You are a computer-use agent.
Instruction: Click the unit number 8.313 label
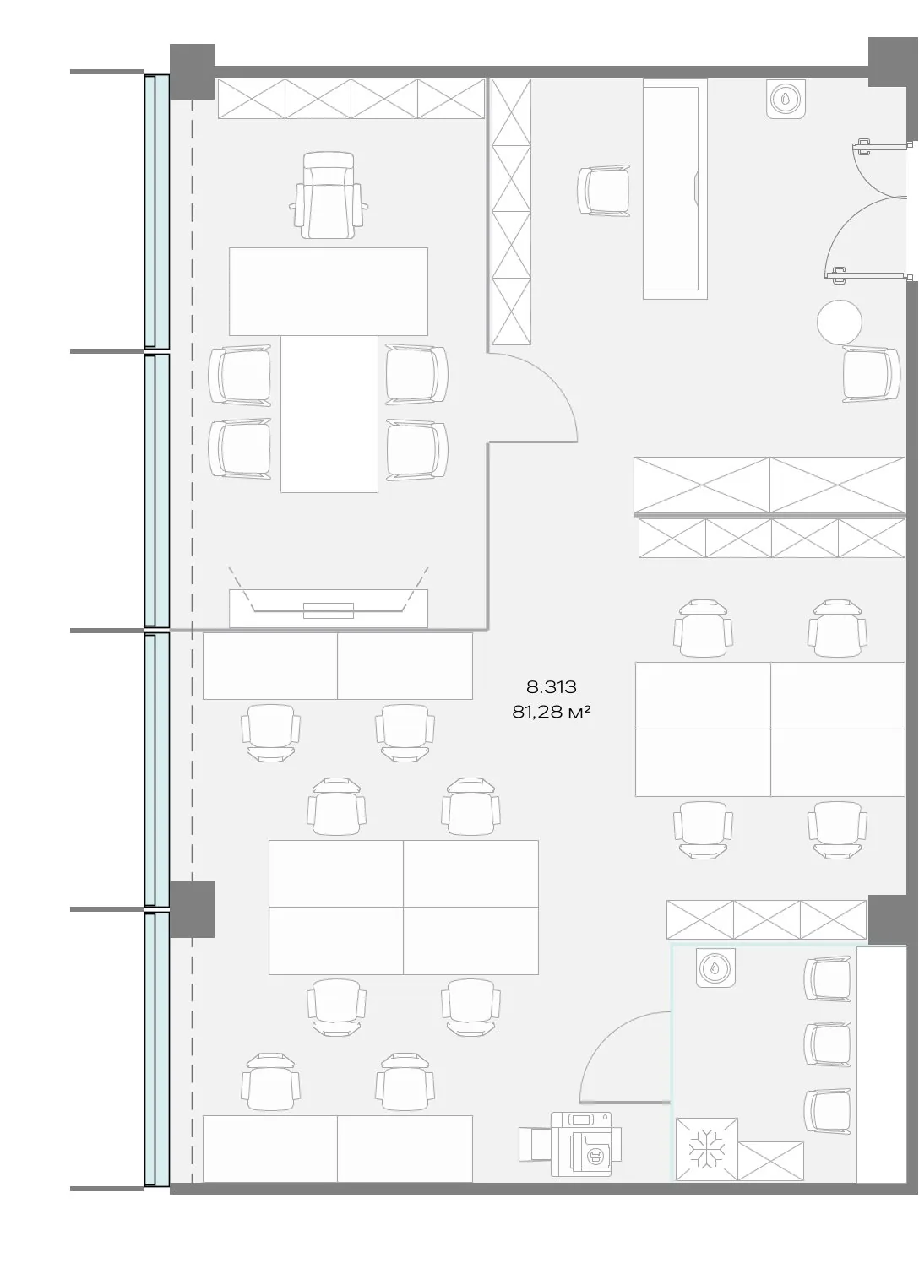(x=552, y=686)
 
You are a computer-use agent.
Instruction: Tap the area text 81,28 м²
(x=552, y=712)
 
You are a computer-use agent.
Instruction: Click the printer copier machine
(x=570, y=1143)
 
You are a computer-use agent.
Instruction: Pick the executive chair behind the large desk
(x=329, y=195)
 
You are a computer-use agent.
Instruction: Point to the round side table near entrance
(x=839, y=322)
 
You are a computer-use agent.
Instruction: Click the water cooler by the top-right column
(x=786, y=99)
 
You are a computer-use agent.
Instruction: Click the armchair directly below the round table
(x=871, y=374)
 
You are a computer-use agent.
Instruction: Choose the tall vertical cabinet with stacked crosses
(x=511, y=211)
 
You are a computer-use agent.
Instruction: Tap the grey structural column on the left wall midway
(x=193, y=909)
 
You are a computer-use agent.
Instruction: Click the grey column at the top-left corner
(x=193, y=72)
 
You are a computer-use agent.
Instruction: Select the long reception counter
(x=675, y=188)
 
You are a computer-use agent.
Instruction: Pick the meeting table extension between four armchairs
(x=329, y=414)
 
